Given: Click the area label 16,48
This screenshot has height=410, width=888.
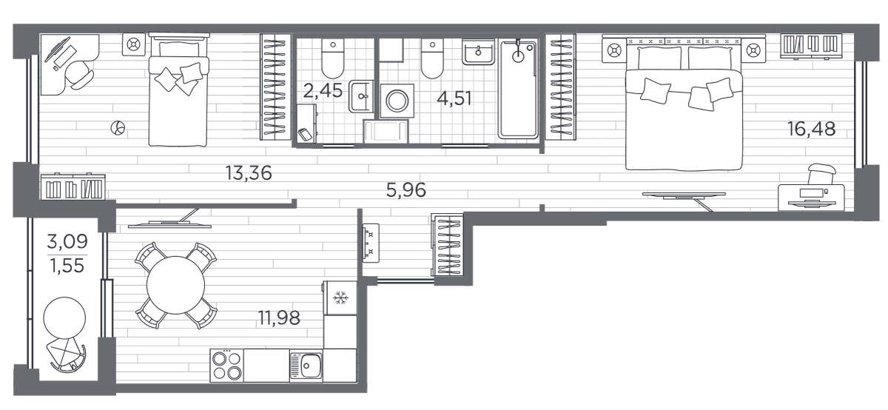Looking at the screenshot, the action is tap(811, 130).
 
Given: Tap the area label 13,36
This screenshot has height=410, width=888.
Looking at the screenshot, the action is tap(249, 173).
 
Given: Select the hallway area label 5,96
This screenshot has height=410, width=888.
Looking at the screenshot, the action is tap(406, 190).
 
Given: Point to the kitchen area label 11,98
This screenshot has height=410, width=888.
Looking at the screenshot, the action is tap(279, 318).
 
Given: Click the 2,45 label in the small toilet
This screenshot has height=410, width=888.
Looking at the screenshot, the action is tap(323, 91).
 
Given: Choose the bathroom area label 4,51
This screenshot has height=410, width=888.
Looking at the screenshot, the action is tap(454, 98).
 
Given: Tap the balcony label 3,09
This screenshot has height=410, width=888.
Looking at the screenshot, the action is tap(67, 241).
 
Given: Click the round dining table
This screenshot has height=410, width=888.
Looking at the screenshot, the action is tap(175, 285).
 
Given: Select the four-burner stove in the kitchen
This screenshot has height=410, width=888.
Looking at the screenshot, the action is tap(226, 366).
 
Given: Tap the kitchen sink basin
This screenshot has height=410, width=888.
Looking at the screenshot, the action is tap(312, 366).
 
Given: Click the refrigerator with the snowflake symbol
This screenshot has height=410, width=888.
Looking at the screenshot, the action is tap(340, 298).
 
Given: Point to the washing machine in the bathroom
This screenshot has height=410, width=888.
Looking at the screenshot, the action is tap(397, 101).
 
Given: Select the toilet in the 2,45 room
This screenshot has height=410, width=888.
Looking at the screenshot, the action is tap(333, 58).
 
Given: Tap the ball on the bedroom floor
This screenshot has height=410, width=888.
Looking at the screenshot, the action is tap(118, 128).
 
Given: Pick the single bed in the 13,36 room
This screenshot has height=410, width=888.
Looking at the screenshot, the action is tap(179, 90).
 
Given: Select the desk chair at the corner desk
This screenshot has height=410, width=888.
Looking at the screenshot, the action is tap(79, 75).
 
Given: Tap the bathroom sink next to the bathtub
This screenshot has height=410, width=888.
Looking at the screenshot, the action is tap(479, 52).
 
